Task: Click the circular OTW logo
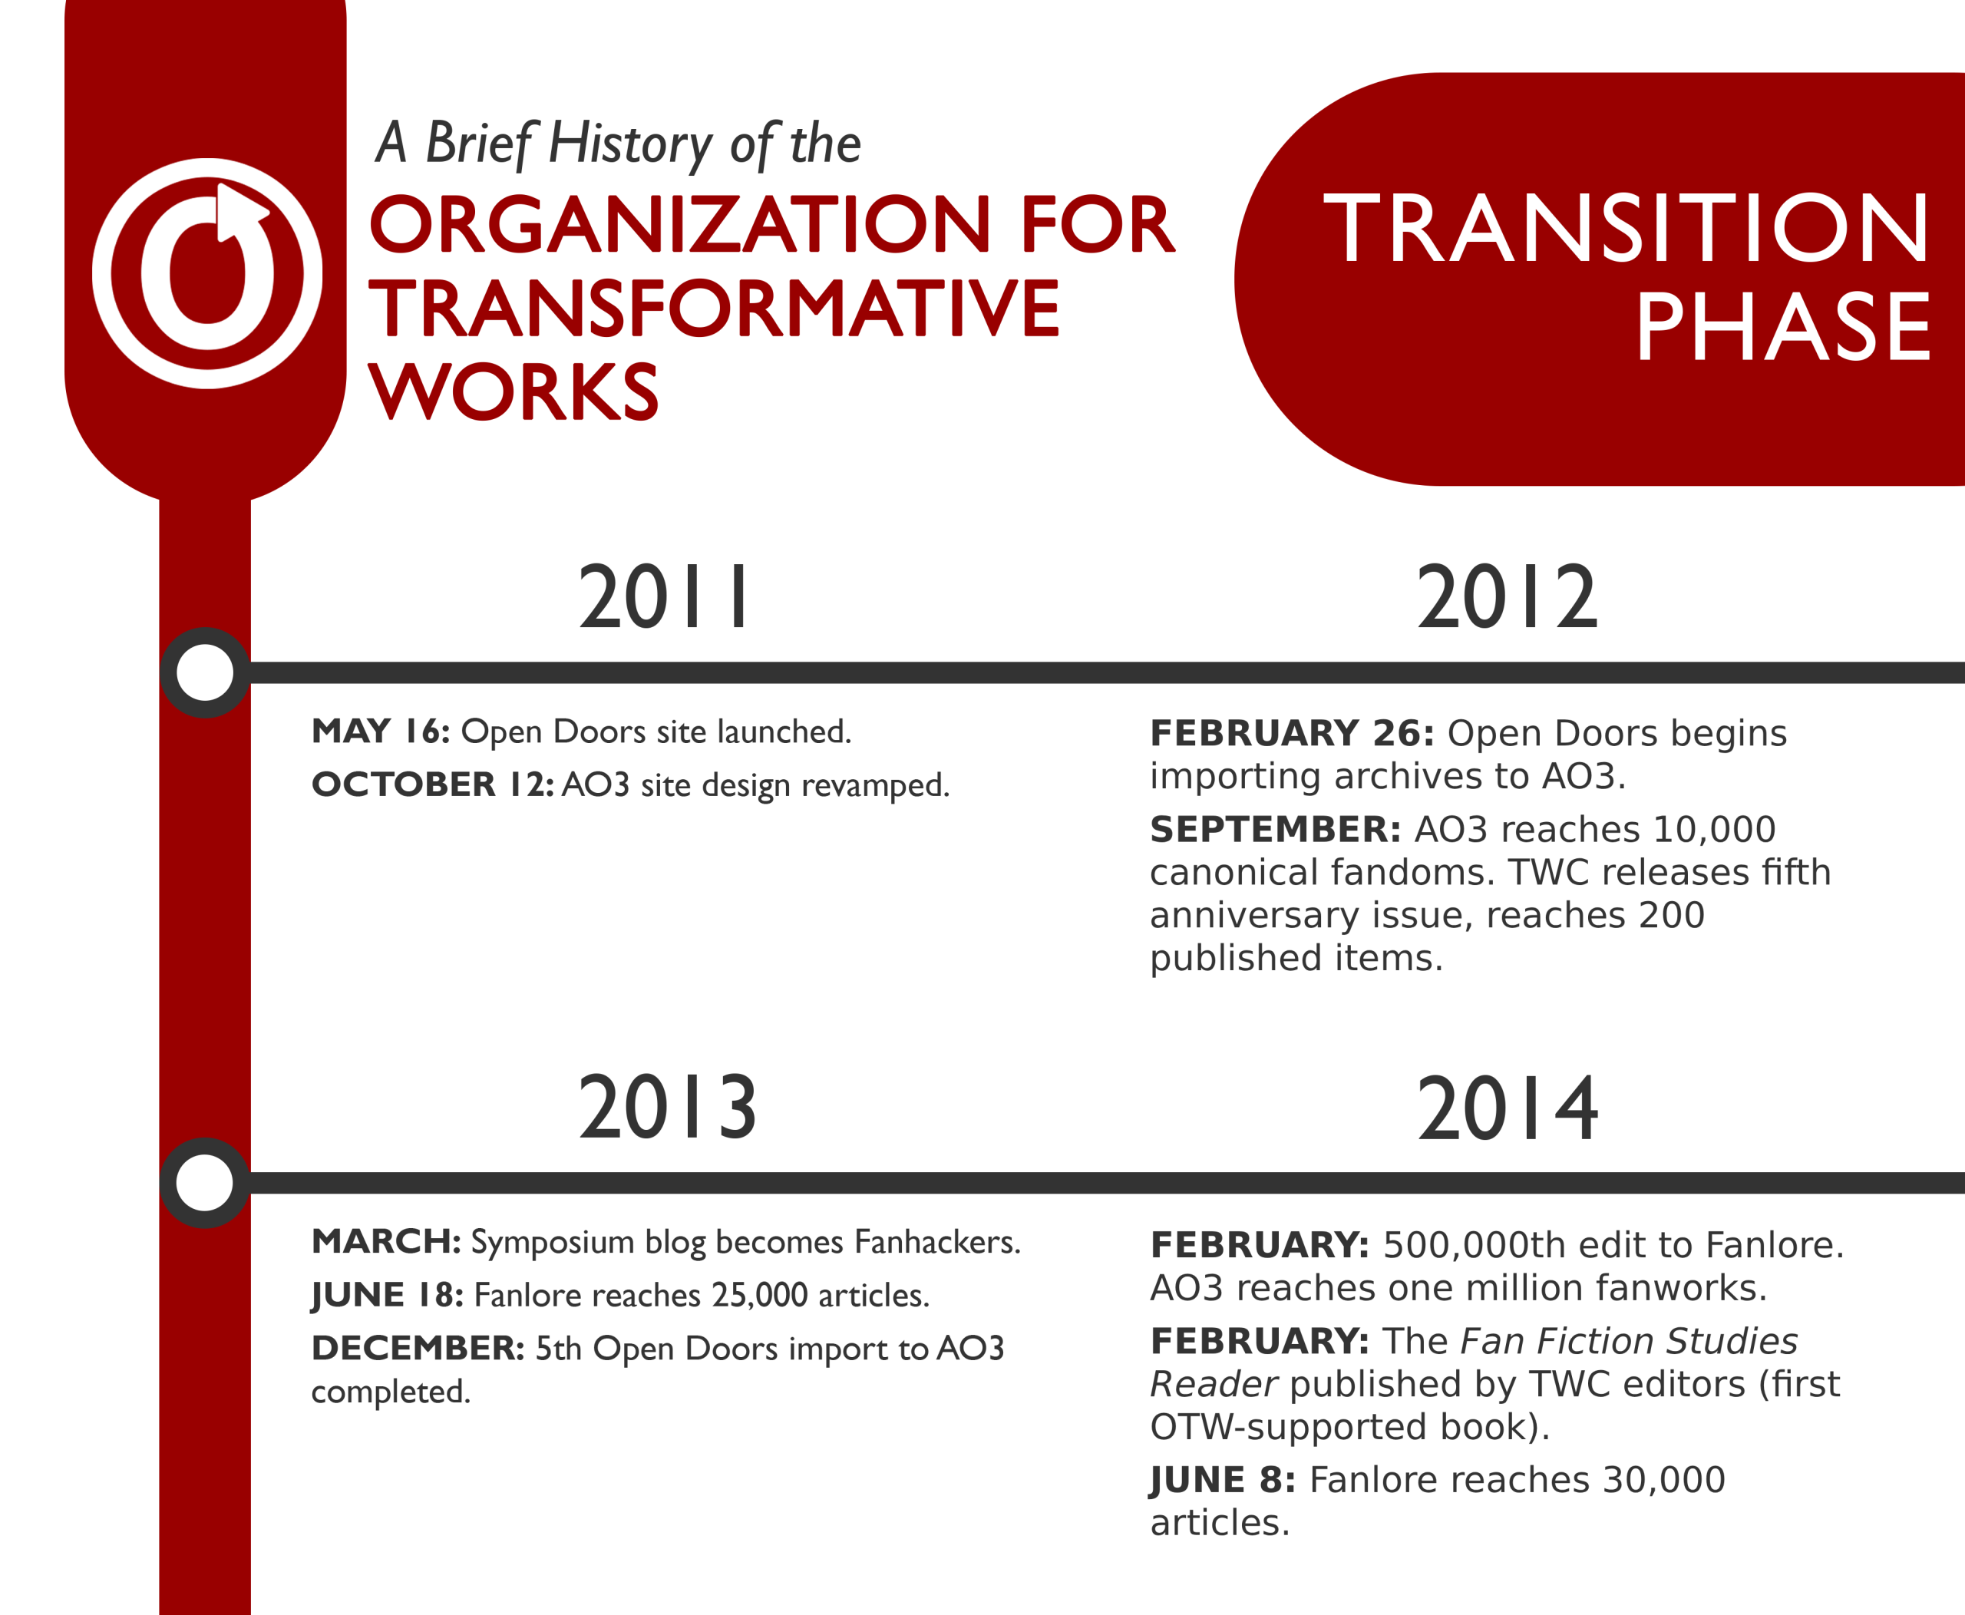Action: point(206,273)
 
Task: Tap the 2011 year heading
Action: point(663,597)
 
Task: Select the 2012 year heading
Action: point(1506,597)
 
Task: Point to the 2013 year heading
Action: point(667,1107)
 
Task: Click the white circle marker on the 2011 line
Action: point(205,672)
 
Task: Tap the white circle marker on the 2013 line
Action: point(205,1184)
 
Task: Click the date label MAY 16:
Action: point(381,732)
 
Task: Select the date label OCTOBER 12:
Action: point(433,784)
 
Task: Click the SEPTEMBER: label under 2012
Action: point(1276,829)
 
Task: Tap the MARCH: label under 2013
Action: point(386,1241)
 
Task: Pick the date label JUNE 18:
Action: point(387,1295)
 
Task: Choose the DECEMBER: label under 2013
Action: point(418,1348)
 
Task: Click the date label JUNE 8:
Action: point(1223,1479)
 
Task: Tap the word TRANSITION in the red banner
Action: point(1626,228)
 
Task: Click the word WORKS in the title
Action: point(514,391)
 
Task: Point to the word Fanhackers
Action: point(938,1241)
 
